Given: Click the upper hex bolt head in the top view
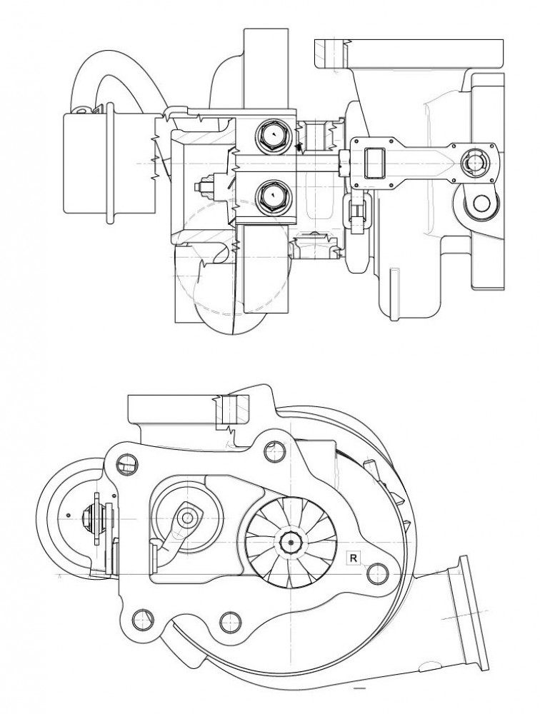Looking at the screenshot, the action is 273,135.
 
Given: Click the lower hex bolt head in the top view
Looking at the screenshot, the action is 273,196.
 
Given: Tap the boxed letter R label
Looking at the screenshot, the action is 353,557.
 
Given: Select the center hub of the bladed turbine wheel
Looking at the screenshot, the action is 290,542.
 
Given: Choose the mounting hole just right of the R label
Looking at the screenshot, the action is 377,573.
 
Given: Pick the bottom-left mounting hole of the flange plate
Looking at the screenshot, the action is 142,620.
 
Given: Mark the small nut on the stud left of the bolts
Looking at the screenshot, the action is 204,187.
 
